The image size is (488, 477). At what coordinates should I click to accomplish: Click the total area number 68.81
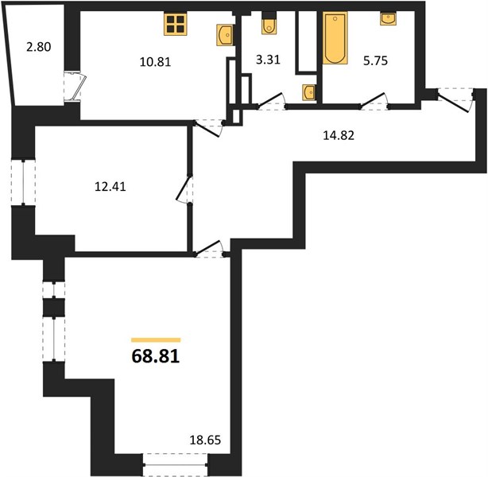point(156,356)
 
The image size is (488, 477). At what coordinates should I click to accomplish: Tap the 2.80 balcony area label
point(39,47)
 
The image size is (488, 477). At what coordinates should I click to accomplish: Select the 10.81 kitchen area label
point(155,62)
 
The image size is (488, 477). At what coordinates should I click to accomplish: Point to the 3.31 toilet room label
point(268,59)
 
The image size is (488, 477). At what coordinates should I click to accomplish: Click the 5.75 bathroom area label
point(375,60)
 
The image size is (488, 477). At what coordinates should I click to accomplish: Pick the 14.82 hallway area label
point(339,135)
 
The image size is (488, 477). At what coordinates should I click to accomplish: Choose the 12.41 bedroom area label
point(110,187)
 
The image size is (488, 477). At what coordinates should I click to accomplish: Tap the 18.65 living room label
point(205,440)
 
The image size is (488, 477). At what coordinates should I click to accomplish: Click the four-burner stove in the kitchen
point(176,25)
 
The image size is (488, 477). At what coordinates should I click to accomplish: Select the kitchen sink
point(225,35)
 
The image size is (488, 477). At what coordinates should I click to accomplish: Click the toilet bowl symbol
point(269,25)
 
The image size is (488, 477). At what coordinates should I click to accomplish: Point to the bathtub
point(335,38)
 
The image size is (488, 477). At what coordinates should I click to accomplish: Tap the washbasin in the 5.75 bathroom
point(388,18)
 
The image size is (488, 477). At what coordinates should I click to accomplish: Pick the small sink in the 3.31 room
point(308,92)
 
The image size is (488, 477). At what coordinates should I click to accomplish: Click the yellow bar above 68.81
point(156,340)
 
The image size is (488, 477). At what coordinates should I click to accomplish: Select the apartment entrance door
point(455,100)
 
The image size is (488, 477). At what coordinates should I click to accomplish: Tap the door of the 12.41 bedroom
point(184,189)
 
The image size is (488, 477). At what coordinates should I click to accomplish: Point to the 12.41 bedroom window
point(23,183)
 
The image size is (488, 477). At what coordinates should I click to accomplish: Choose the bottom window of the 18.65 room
point(176,464)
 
